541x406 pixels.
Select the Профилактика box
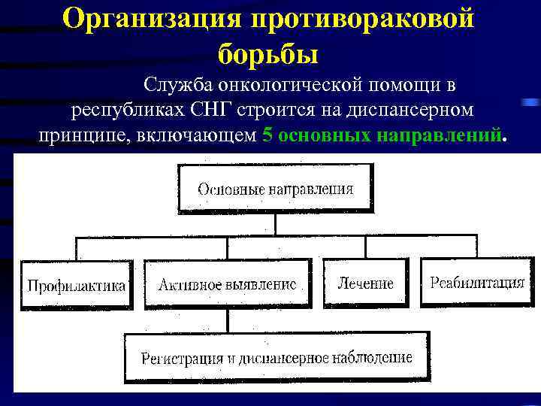coord(76,285)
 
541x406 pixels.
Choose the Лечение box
coord(366,283)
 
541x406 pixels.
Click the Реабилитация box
coord(477,282)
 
